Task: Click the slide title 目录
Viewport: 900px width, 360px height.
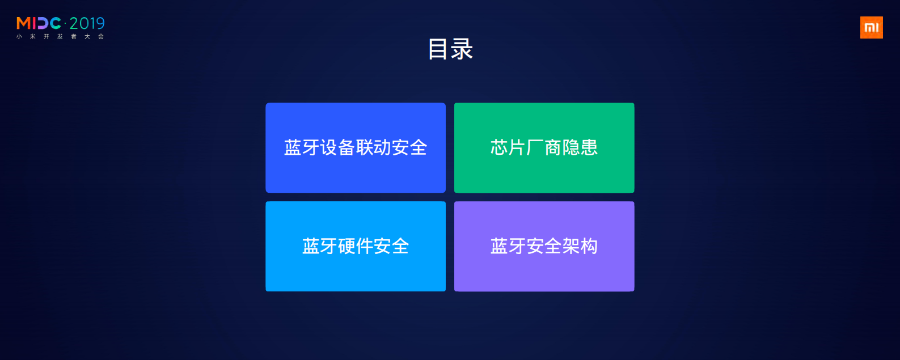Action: point(450,49)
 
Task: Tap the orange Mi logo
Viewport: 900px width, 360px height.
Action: point(871,27)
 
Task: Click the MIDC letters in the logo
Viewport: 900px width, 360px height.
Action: point(39,23)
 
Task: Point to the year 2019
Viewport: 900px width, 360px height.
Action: point(87,23)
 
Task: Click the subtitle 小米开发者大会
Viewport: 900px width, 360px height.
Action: point(60,37)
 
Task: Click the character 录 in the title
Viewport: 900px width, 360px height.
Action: point(462,49)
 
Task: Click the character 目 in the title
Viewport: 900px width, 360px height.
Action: point(438,49)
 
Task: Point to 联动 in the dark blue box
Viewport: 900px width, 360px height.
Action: point(374,147)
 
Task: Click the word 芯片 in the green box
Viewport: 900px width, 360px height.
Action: point(508,147)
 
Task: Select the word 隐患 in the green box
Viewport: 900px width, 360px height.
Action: point(580,147)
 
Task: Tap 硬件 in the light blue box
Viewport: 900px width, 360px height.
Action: point(356,246)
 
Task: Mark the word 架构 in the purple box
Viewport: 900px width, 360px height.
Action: point(580,246)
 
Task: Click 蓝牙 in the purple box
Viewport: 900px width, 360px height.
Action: point(508,246)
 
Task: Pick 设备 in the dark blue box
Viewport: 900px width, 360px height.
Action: point(338,147)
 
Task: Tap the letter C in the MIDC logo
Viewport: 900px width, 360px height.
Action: point(56,23)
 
